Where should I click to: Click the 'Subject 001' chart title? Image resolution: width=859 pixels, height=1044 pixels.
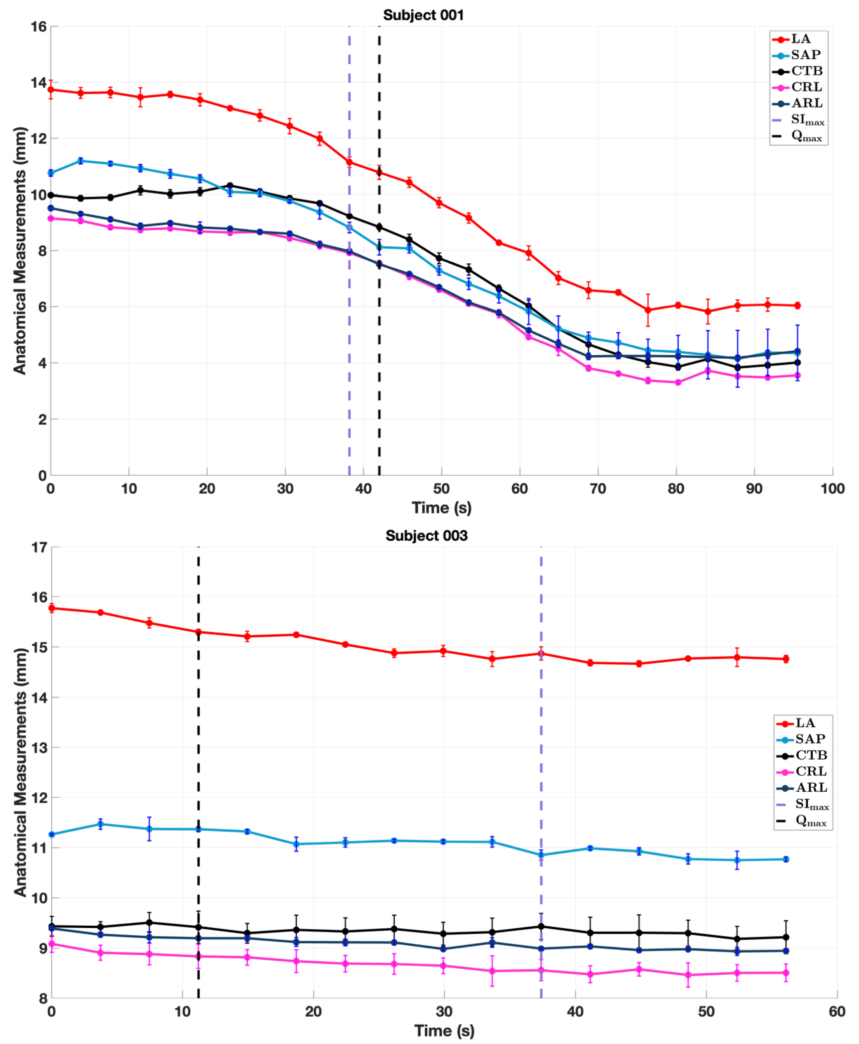click(424, 15)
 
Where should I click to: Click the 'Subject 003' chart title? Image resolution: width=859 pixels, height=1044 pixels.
click(426, 536)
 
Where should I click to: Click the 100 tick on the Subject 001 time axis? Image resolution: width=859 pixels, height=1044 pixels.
click(832, 489)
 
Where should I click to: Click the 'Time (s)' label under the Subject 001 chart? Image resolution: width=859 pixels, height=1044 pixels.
click(441, 508)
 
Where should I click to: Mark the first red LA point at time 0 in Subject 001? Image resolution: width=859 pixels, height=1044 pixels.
click(51, 90)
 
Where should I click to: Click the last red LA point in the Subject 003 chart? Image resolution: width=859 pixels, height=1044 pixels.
click(786, 659)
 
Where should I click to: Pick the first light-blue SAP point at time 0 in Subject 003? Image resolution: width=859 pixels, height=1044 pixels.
click(51, 834)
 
